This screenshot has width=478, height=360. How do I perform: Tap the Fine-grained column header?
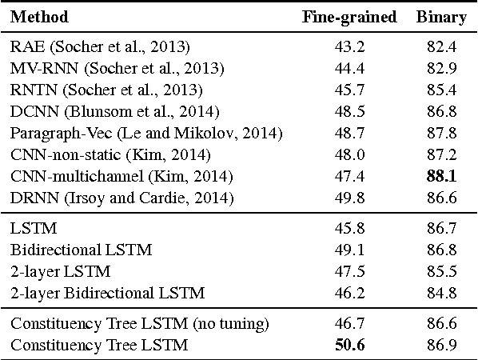pos(349,17)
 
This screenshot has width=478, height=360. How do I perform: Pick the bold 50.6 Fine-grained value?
pos(349,345)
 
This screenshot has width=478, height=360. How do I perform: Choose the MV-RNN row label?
pos(117,69)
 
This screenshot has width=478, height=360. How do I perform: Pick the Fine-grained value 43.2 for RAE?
pos(349,47)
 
